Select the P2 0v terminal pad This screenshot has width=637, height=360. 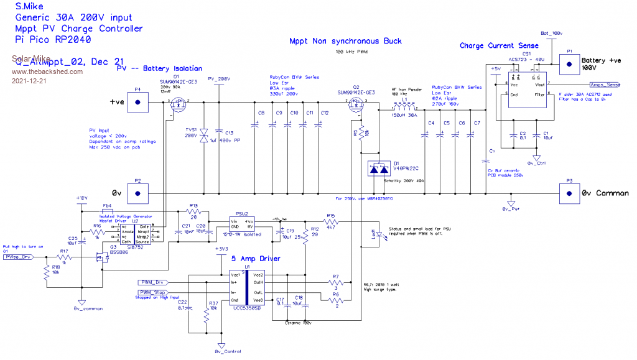137,193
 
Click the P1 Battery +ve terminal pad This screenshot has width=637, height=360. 569,63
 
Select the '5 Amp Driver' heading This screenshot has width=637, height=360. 256,258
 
